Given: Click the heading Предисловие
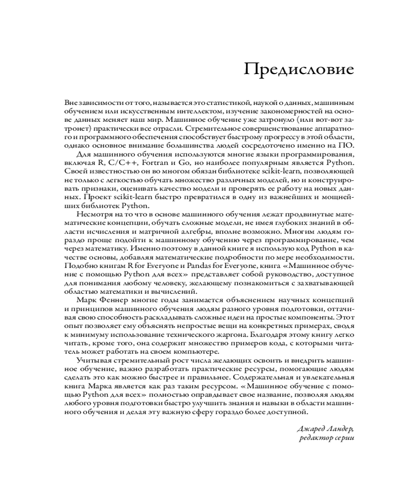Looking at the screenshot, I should [x=299, y=70].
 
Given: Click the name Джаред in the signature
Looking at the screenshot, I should [x=311, y=429].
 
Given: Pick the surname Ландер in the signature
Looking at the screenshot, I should [x=340, y=429].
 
